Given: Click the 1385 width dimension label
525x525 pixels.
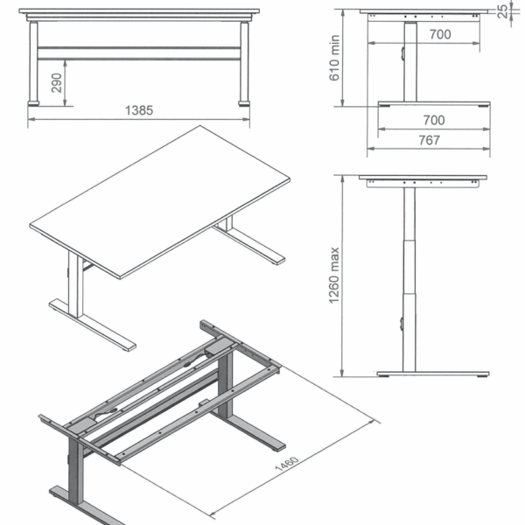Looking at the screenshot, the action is point(139,110).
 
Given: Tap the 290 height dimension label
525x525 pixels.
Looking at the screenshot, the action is point(57,83).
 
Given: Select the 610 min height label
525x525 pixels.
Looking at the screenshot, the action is point(334,58).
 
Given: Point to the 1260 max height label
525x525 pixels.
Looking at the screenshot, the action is point(334,276).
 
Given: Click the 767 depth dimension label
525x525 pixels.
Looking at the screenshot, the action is point(430,140).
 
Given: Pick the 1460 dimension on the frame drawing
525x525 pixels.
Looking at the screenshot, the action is point(287,463).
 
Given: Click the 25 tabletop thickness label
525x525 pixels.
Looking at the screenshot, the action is point(502,11).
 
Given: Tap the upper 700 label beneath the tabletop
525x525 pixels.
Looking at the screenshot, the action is point(440,34).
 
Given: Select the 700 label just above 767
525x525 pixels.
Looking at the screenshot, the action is point(434,120).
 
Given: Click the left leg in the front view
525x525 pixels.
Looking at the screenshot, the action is point(33,61).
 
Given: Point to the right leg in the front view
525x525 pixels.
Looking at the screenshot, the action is point(244,61).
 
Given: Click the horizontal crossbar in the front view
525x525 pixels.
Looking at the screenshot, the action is point(139,53).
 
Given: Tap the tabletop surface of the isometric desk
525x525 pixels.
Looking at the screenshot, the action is point(160,202).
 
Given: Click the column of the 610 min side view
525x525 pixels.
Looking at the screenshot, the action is point(410,62).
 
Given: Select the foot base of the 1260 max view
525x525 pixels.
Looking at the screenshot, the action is point(433,374).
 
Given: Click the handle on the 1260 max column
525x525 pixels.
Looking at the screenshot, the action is point(402,324).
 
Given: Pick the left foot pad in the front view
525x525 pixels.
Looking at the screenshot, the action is point(33,103).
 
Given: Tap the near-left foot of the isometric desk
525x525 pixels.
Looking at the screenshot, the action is point(93,325).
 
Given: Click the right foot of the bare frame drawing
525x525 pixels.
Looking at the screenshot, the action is point(248,431).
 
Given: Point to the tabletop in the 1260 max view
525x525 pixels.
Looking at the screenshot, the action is point(423,177).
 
